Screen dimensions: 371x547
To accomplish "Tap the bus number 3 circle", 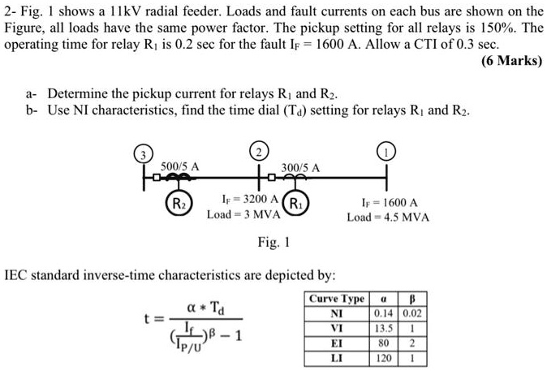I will pyautogui.click(x=142, y=153).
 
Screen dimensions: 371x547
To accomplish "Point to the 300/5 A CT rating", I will pyautogui.click(x=300, y=167).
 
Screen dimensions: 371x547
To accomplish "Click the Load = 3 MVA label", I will pyautogui.click(x=243, y=215).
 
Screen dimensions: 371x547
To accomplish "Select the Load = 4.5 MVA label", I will pyautogui.click(x=388, y=218).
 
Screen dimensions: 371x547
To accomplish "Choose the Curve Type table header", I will pyautogui.click(x=337, y=299).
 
